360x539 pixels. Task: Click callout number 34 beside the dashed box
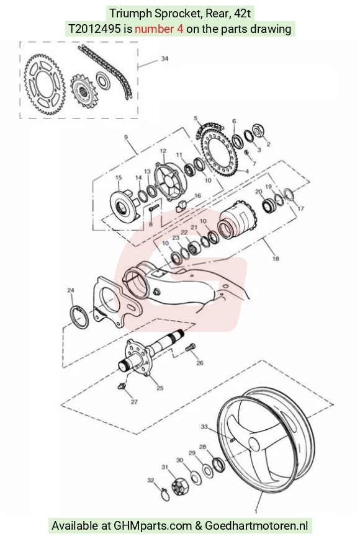[x=164, y=59]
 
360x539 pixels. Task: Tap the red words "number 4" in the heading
[x=159, y=29]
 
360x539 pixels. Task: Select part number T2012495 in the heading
[x=95, y=29]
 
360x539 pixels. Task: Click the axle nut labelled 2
[x=258, y=130]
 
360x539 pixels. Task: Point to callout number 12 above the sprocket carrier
[x=163, y=151]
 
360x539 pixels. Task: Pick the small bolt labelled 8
[x=153, y=208]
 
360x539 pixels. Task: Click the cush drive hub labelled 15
[x=124, y=207]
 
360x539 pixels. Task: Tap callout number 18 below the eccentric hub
[x=276, y=259]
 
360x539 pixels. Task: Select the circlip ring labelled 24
[x=79, y=316]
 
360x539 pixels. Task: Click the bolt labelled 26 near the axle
[x=191, y=348]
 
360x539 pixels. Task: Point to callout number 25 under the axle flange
[x=160, y=388]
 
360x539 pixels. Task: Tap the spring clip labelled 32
[x=164, y=494]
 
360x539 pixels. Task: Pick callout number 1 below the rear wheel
[x=256, y=512]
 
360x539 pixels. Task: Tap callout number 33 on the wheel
[x=204, y=427]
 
